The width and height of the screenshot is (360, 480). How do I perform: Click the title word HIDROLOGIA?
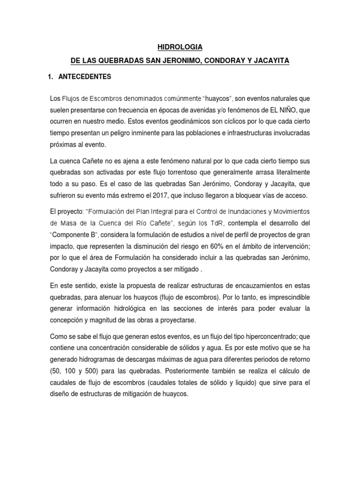[180, 47]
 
